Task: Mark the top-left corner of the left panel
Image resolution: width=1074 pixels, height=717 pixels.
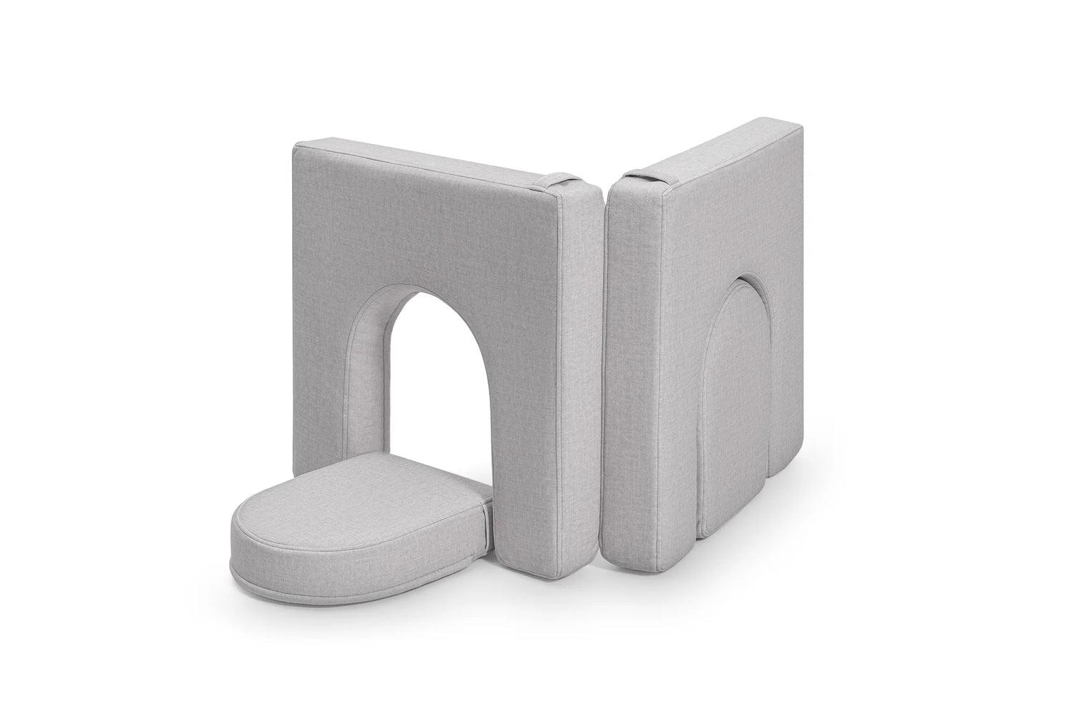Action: (295, 146)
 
